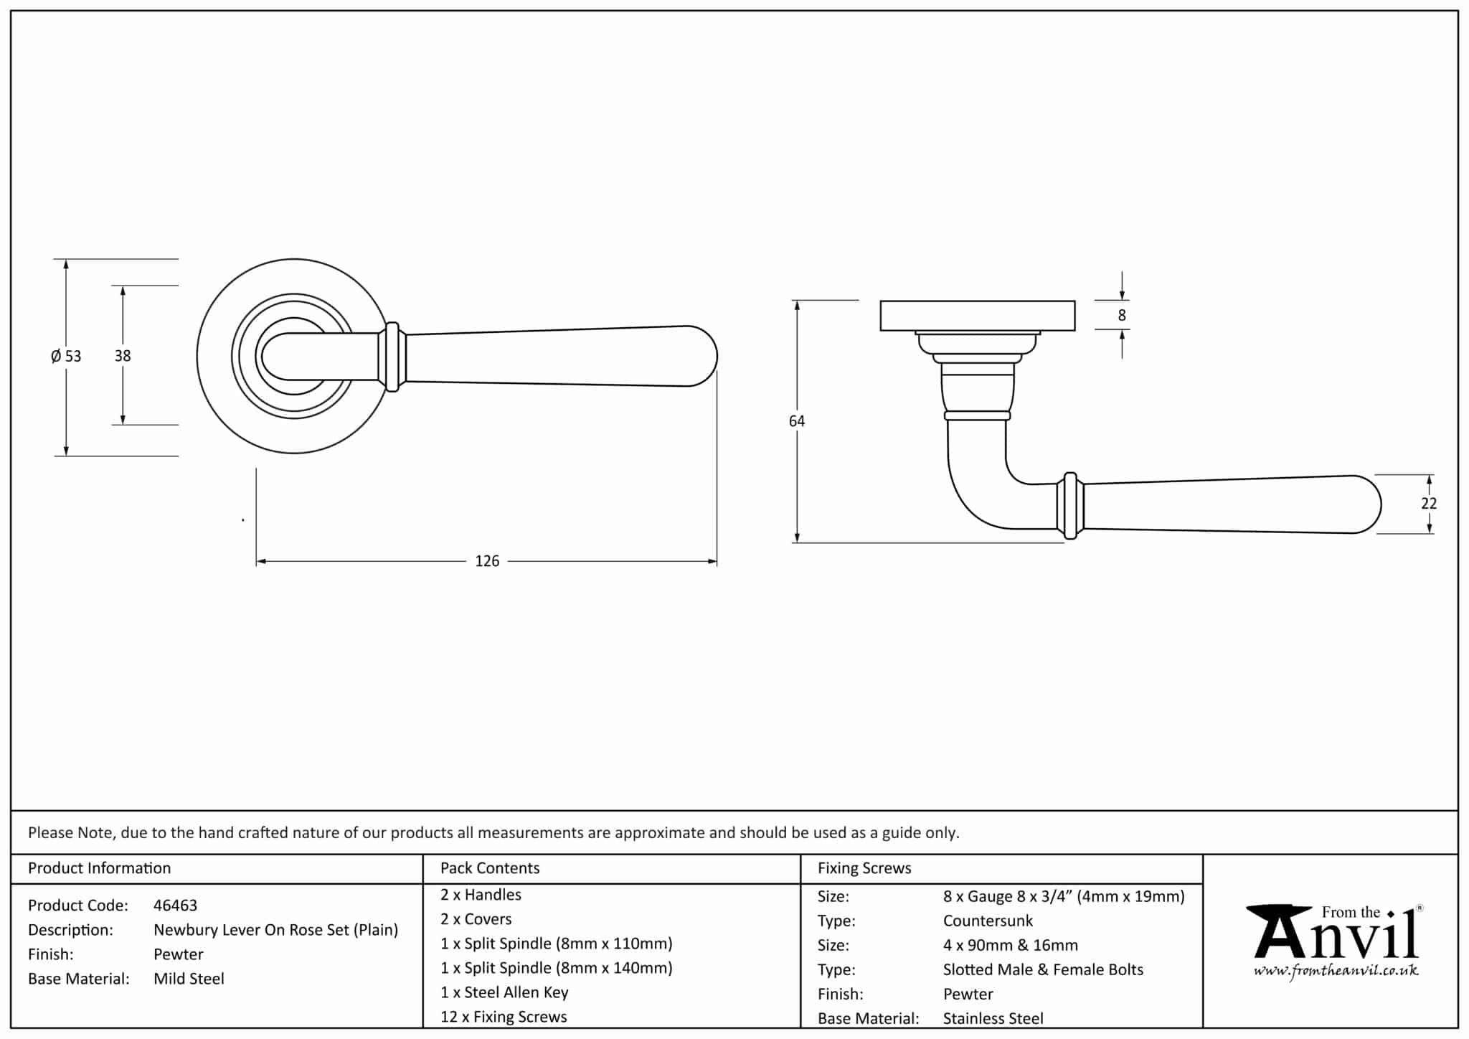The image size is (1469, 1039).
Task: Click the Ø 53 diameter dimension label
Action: tap(66, 356)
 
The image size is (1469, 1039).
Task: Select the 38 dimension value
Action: tap(123, 355)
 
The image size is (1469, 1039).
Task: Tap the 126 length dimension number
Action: tap(487, 561)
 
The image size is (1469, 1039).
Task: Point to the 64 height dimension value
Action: tap(797, 421)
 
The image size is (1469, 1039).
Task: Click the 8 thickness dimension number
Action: tap(1122, 315)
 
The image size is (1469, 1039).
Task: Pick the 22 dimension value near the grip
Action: tap(1429, 504)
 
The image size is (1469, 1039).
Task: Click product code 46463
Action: tap(175, 906)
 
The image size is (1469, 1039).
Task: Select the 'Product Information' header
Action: tap(100, 868)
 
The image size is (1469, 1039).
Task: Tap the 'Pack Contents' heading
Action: tap(490, 868)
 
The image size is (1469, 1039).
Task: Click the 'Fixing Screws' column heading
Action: tap(864, 868)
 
